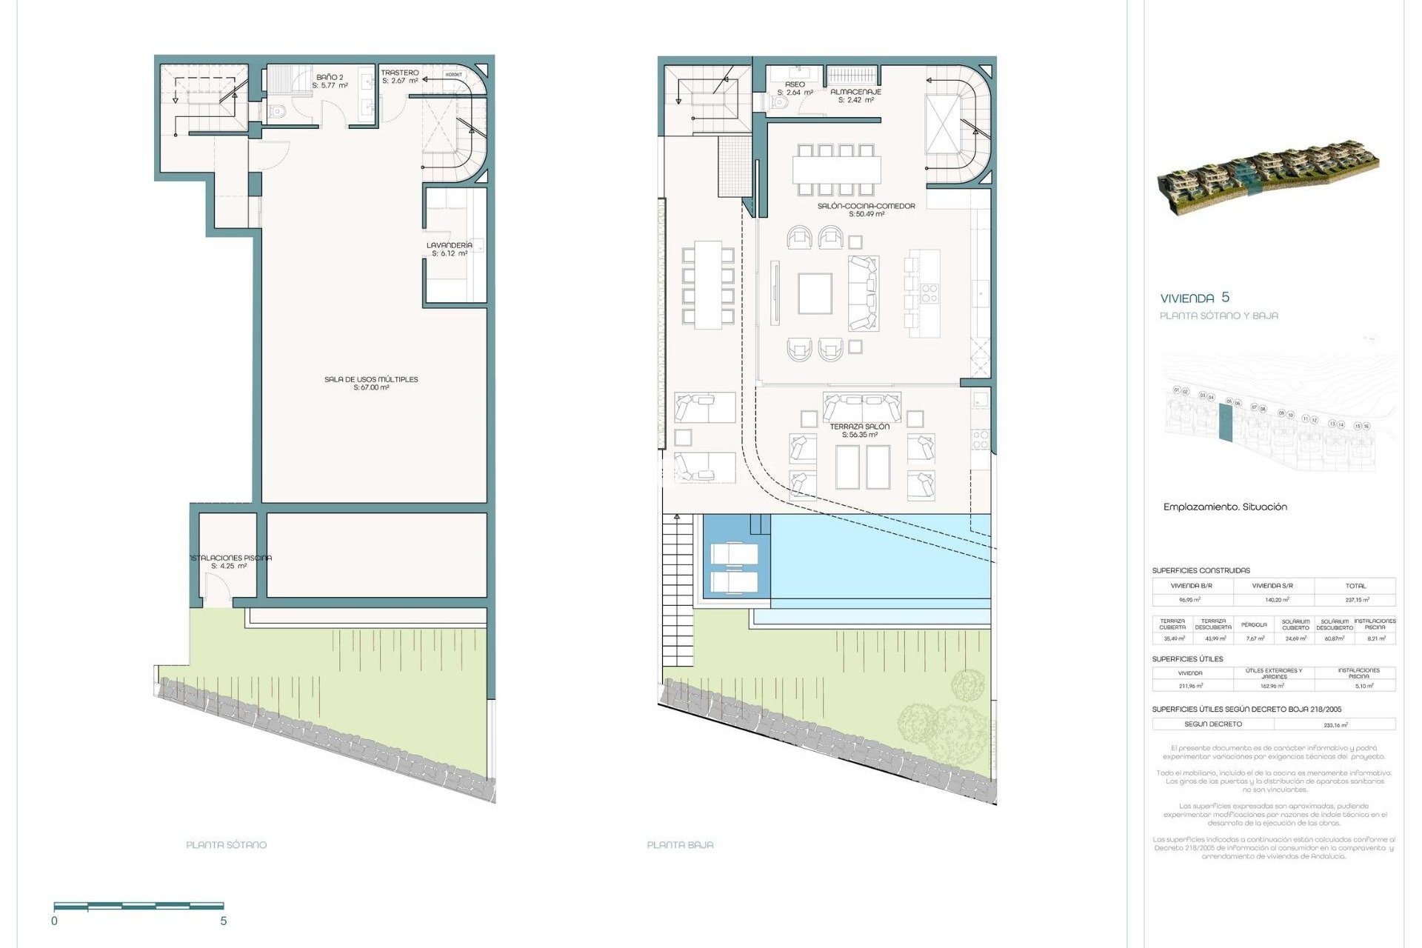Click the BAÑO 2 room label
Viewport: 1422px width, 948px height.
(x=330, y=77)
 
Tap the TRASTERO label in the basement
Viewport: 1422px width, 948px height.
(x=400, y=73)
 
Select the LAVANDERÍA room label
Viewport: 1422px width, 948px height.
(x=449, y=245)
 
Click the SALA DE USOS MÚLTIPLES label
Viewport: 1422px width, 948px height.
(x=371, y=379)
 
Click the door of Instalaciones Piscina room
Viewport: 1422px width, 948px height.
(x=216, y=592)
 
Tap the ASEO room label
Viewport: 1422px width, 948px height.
(x=795, y=84)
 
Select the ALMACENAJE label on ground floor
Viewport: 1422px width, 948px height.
(x=855, y=92)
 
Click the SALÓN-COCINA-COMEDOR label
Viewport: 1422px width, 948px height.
(x=866, y=206)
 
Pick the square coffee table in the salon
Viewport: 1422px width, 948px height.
(x=815, y=294)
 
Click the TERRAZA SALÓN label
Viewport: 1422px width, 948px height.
(x=859, y=427)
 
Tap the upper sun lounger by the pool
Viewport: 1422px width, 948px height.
(x=734, y=554)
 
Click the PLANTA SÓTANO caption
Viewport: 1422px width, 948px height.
(x=226, y=844)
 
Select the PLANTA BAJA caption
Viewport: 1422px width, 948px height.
(x=680, y=844)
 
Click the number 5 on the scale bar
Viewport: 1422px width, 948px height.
(x=223, y=921)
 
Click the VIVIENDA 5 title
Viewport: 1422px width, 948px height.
(x=1194, y=298)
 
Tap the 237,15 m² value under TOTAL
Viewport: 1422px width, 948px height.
(x=1356, y=600)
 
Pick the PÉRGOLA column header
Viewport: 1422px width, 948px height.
(x=1255, y=624)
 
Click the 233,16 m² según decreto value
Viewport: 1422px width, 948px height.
(x=1335, y=725)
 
